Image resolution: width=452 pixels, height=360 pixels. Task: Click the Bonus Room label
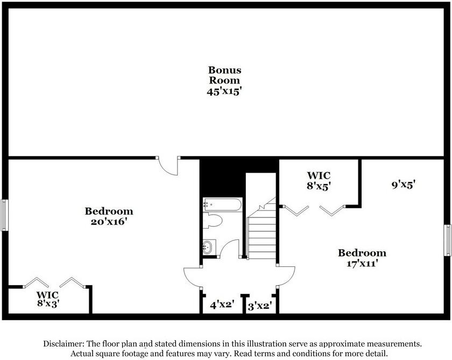[225, 75]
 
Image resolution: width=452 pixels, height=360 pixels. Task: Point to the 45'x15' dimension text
[225, 91]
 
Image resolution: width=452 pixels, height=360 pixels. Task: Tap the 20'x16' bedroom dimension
[109, 221]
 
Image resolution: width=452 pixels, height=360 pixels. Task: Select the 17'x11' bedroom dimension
[362, 263]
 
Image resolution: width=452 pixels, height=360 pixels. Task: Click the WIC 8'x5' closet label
[318, 180]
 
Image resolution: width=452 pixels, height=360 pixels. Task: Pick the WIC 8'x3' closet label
[47, 299]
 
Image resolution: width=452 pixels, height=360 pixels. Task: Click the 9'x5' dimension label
[403, 185]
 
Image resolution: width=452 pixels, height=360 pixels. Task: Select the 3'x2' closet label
[259, 306]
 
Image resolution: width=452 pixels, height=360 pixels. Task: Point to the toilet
[213, 222]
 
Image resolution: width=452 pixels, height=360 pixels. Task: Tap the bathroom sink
[209, 247]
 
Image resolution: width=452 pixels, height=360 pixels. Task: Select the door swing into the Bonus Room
[170, 166]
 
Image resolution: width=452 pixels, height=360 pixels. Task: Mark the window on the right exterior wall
[447, 240]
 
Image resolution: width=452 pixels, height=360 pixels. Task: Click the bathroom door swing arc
[230, 249]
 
